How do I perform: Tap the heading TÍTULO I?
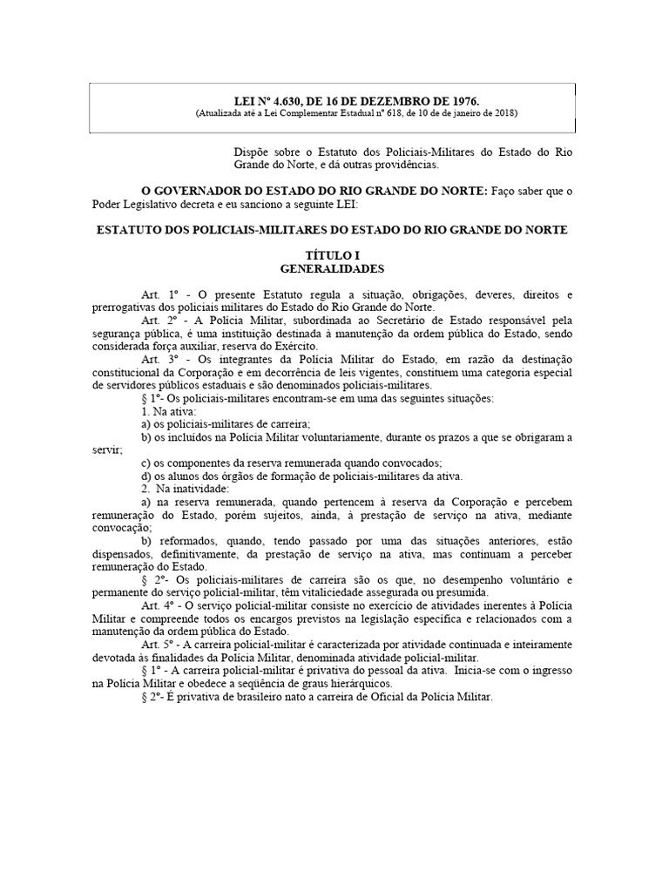pos(333,254)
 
